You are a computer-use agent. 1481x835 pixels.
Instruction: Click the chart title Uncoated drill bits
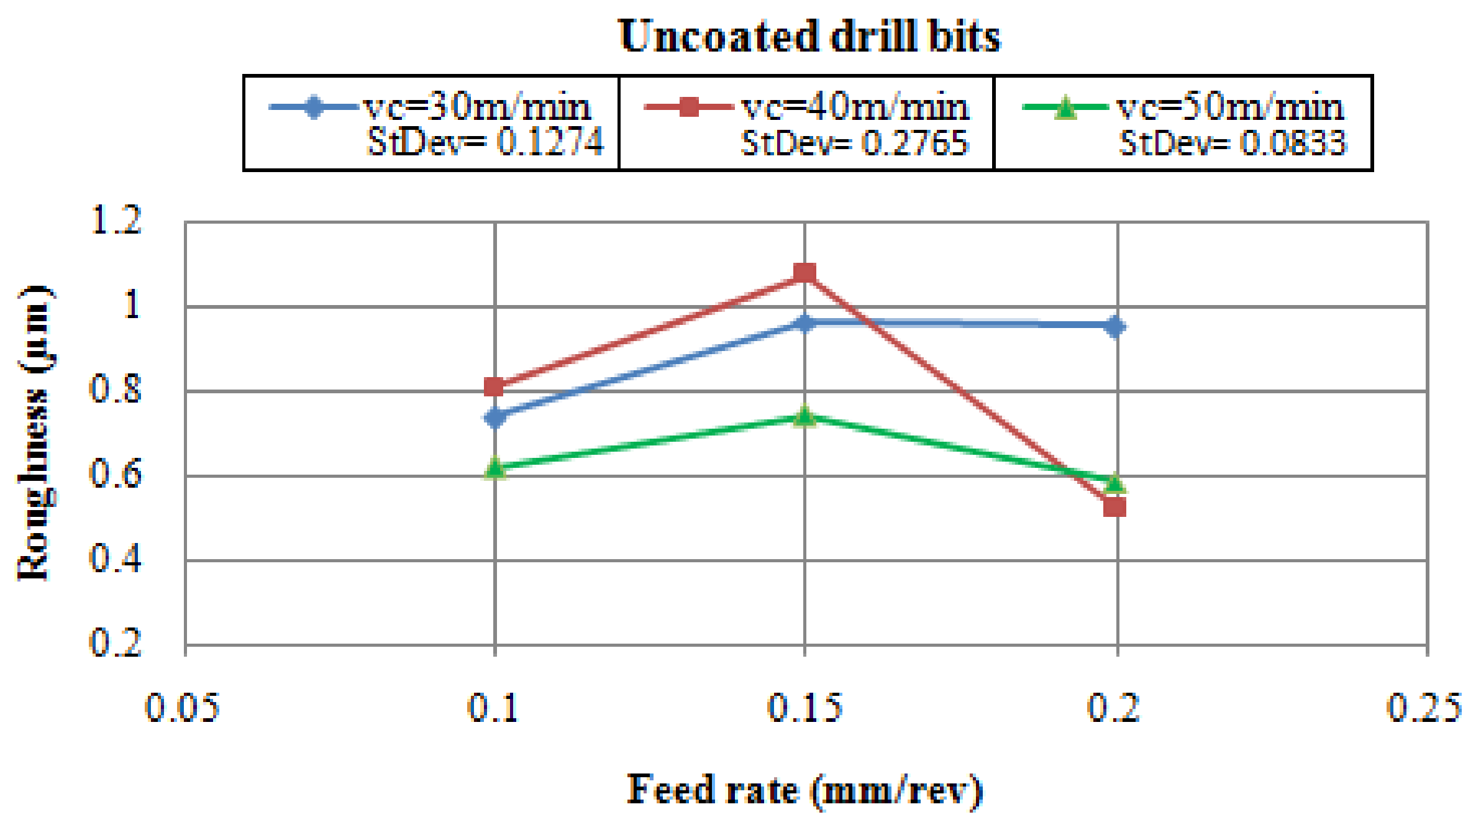[809, 36]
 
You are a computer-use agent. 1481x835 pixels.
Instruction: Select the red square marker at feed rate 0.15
[804, 273]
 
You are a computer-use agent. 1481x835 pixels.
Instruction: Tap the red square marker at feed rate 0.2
[1115, 506]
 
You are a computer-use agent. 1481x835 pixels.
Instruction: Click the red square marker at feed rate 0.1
[494, 386]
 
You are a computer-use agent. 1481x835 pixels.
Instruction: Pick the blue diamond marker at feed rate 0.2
[1115, 326]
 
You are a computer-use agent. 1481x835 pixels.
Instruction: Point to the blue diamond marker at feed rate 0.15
[804, 322]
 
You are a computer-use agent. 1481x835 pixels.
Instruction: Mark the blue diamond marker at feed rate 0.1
[495, 417]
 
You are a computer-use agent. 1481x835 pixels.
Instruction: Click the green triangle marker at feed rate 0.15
[804, 416]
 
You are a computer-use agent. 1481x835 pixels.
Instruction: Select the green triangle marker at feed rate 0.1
[495, 467]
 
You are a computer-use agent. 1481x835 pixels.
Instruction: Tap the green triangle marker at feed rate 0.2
[1115, 482]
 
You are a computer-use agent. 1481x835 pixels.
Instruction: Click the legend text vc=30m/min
[477, 107]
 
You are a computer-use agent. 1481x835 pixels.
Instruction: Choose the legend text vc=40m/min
[855, 107]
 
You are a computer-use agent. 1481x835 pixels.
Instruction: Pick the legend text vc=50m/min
[1230, 107]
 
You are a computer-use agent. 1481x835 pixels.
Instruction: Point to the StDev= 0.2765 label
[855, 143]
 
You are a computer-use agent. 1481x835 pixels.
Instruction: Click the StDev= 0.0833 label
[1232, 143]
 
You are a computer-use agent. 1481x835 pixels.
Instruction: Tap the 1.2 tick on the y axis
[116, 220]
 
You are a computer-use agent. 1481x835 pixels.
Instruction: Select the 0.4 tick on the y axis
[116, 559]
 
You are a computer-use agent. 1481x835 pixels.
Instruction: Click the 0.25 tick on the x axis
[1424, 708]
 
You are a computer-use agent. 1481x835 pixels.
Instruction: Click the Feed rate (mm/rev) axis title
[804, 790]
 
